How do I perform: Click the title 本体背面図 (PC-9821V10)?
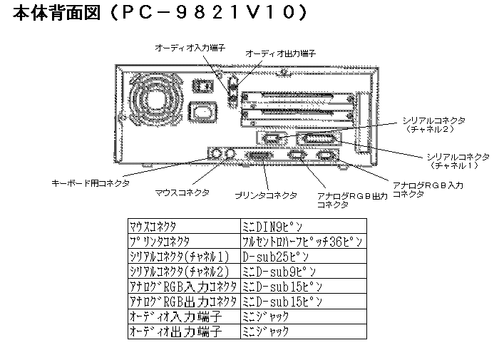pyautogui.click(x=160, y=12)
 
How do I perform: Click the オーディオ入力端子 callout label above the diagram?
pyautogui.click(x=190, y=48)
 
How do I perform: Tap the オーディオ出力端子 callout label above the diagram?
pyautogui.click(x=280, y=53)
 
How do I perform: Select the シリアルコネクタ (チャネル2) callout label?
pyautogui.click(x=433, y=125)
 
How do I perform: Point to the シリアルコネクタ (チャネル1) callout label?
pyautogui.click(x=458, y=161)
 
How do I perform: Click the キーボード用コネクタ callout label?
pyautogui.click(x=91, y=183)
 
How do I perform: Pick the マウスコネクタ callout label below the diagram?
pyautogui.click(x=182, y=192)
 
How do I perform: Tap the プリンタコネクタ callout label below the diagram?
pyautogui.click(x=266, y=195)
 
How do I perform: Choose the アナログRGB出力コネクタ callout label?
pyautogui.click(x=352, y=200)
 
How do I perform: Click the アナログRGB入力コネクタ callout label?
pyautogui.click(x=428, y=190)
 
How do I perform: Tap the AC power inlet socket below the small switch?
pyautogui.click(x=202, y=112)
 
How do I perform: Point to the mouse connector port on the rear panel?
pyautogui.click(x=230, y=154)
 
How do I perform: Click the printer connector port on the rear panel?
pyautogui.click(x=259, y=156)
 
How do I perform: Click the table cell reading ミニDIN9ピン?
pyautogui.click(x=304, y=226)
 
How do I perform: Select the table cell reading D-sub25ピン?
pyautogui.click(x=304, y=256)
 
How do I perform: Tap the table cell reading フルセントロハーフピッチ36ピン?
pyautogui.click(x=304, y=242)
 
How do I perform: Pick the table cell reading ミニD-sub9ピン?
pyautogui.click(x=304, y=271)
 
